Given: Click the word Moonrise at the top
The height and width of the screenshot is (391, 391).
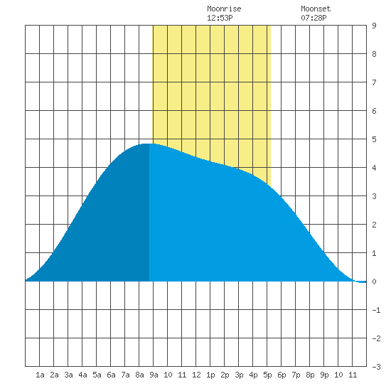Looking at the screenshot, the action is click(224, 9).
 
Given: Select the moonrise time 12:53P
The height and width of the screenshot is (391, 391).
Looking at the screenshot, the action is click(220, 18).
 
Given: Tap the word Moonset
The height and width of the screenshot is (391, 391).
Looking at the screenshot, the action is click(316, 9).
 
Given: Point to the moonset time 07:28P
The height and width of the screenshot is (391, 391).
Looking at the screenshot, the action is click(314, 18).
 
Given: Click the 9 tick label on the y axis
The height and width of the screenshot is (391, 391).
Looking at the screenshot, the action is click(374, 26).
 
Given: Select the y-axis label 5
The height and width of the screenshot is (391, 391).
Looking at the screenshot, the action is click(374, 139).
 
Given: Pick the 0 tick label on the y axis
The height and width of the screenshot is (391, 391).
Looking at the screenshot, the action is click(374, 282).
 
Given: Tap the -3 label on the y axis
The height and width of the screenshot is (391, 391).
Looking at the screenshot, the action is click(376, 367).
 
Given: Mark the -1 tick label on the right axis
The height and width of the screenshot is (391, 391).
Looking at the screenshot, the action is click(376, 310).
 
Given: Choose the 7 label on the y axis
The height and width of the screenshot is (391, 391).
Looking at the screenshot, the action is click(374, 82).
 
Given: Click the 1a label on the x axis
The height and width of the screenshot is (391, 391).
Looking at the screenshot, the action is click(40, 375).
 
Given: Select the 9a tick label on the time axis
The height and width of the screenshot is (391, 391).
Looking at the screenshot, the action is click(154, 375).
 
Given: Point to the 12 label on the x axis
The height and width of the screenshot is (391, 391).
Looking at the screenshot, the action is click(196, 375).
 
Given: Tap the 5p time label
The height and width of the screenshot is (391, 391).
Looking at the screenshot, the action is click(267, 375).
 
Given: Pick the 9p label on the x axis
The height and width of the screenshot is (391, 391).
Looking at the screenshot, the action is click(324, 375).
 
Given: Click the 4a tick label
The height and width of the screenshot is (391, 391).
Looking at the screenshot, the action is click(82, 375).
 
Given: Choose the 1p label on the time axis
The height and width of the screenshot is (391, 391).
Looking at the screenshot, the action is click(210, 375).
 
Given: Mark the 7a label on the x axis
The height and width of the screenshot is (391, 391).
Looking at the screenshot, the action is click(125, 375).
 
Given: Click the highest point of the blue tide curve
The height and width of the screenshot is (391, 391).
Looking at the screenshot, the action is click(148, 144).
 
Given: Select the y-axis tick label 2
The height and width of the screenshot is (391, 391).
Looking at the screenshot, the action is click(374, 225).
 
